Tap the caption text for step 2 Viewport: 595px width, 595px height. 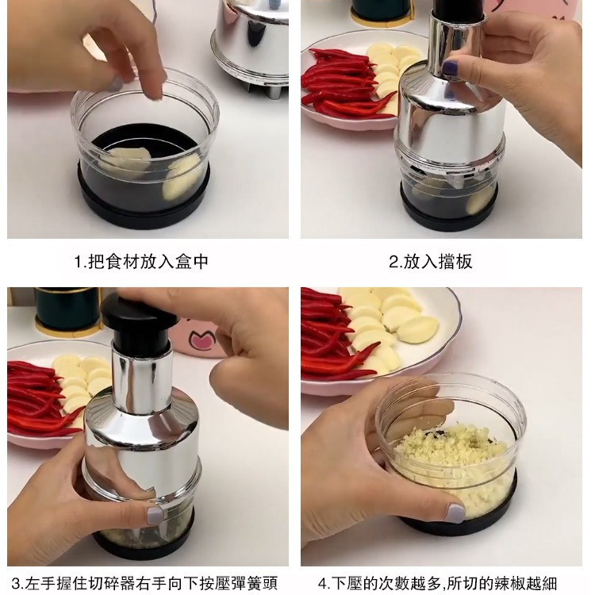pyautogui.click(x=430, y=261)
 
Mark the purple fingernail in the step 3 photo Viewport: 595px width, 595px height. pyautogui.click(x=154, y=516)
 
